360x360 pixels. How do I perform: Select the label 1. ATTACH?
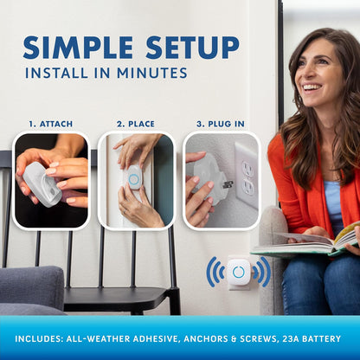[x=50, y=123]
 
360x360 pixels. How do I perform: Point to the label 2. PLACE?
[x=136, y=123]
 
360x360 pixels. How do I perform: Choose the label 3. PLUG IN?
[x=220, y=123]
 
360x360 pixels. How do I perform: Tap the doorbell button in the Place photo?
[x=134, y=178]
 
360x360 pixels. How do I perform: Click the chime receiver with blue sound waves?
[x=238, y=272]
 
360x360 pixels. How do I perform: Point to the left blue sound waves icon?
[x=214, y=272]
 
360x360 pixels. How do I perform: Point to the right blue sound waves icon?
[x=262, y=272]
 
